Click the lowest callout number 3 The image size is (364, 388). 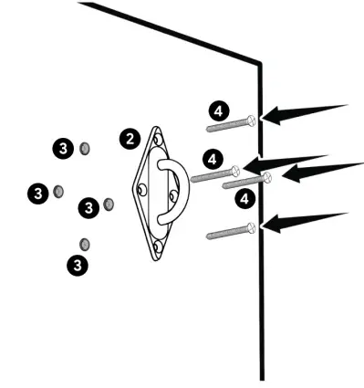pos(78,265)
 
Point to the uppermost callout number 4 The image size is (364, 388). pos(216,110)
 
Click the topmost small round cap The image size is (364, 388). pos(85,147)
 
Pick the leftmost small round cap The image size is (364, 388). pos(58,191)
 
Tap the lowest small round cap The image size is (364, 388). pos(85,243)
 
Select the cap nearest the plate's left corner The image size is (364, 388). pos(109,203)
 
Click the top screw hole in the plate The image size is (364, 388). pos(161,139)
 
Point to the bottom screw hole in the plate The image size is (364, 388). pos(158,245)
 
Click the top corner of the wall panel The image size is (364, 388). pos(261,63)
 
